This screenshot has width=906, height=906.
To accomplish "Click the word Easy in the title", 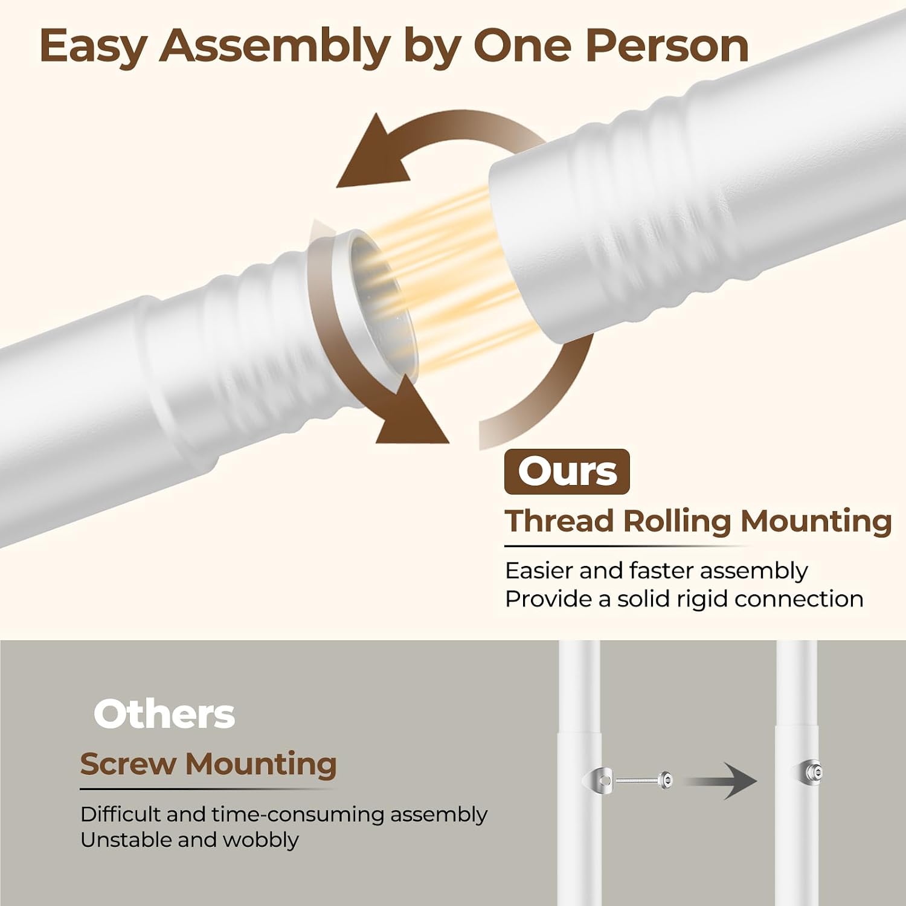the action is coord(94,47).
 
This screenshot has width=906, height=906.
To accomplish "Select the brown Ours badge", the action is coord(567,472).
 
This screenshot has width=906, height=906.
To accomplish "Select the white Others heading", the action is coord(164,714).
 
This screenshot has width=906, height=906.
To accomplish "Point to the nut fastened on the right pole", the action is coord(812,771).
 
